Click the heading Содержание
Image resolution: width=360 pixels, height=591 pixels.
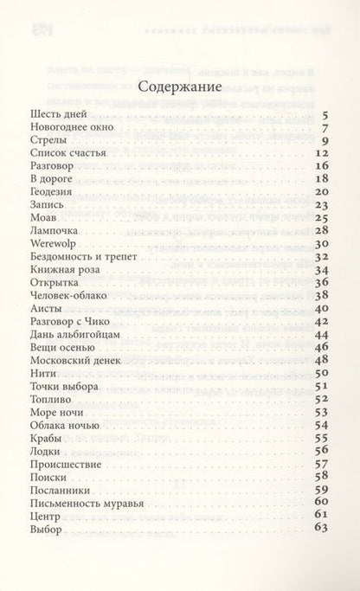(x=179, y=87)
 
